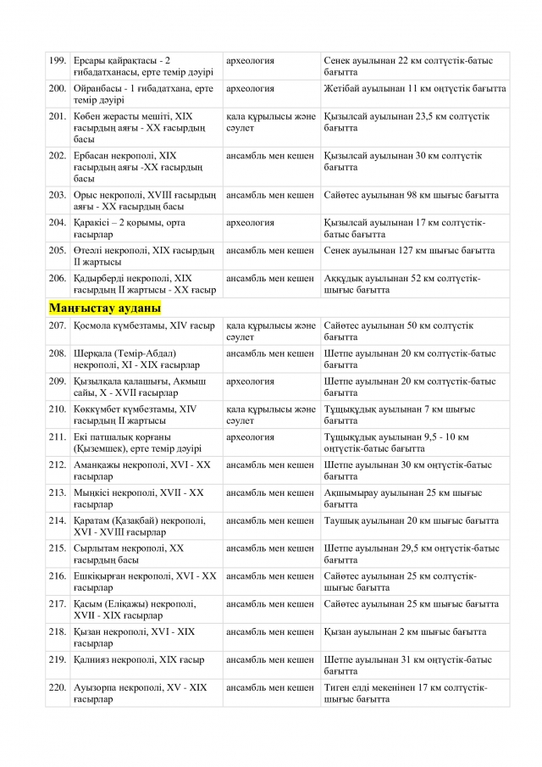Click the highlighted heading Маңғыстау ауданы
tap(105, 308)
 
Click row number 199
tap(58, 61)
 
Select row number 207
tap(58, 326)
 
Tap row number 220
tap(58, 688)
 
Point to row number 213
tap(58, 493)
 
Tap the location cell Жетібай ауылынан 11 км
tap(414, 89)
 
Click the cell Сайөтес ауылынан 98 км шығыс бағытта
tap(411, 196)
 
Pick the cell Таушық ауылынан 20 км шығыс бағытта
tap(411, 521)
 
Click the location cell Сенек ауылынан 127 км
tap(409, 252)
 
